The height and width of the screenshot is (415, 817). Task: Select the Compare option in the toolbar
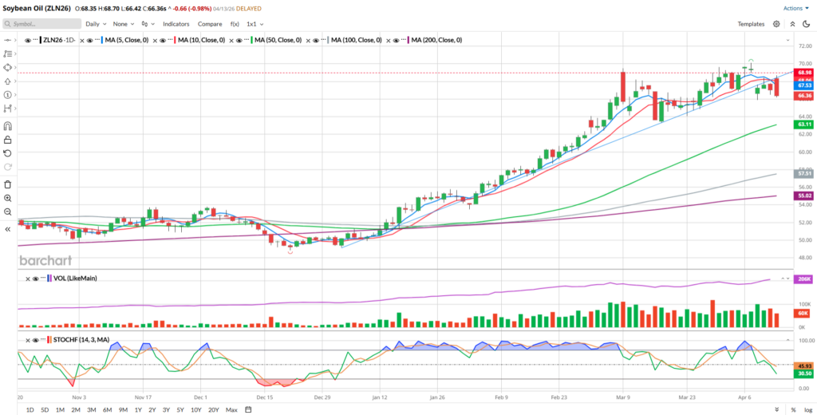pyautogui.click(x=210, y=24)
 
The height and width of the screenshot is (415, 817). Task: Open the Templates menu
pyautogui.click(x=751, y=24)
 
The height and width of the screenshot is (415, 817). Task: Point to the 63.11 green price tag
pyautogui.click(x=804, y=125)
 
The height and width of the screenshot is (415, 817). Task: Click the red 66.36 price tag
pyautogui.click(x=804, y=96)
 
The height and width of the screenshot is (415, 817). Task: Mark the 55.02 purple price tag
pyautogui.click(x=804, y=196)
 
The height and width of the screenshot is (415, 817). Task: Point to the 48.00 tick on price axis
pyautogui.click(x=804, y=257)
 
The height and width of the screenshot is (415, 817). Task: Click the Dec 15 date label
pyautogui.click(x=266, y=396)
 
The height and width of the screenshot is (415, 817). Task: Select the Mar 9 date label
pyautogui.click(x=621, y=396)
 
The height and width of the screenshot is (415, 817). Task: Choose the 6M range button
pyautogui.click(x=107, y=409)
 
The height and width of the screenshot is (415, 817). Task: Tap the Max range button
pyautogui.click(x=231, y=409)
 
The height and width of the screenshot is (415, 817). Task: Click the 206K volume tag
pyautogui.click(x=804, y=279)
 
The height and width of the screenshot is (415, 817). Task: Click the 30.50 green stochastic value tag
pyautogui.click(x=804, y=373)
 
